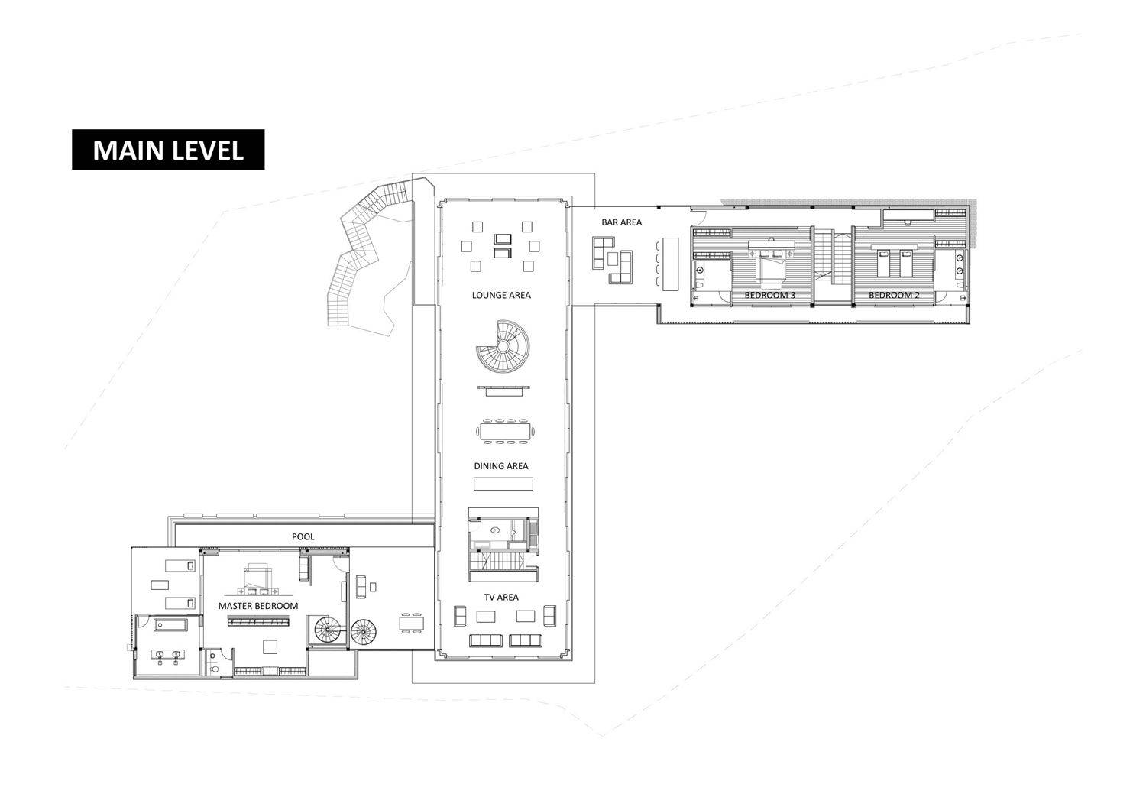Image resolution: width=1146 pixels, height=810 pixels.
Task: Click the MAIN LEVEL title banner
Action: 168,150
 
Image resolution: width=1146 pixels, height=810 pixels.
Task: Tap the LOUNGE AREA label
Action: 501,295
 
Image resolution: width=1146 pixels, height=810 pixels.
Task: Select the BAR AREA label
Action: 621,222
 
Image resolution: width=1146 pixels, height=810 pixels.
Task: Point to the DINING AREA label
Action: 501,466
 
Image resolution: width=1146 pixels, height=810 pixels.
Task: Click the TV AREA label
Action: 501,597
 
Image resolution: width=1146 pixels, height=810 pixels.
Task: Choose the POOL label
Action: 303,536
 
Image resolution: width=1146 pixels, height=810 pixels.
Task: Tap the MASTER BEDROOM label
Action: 258,606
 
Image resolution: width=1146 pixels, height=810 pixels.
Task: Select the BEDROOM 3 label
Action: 769,295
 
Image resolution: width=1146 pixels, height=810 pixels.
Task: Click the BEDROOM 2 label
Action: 894,295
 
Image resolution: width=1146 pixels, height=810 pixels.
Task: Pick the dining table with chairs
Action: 505,430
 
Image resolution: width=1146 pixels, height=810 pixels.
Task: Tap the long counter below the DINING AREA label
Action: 503,484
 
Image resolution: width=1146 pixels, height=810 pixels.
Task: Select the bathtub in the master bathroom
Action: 171,625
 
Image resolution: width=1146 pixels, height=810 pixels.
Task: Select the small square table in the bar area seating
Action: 613,259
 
